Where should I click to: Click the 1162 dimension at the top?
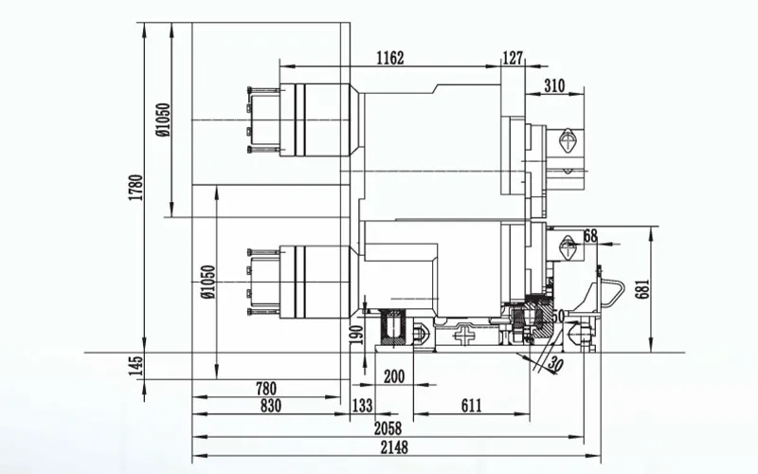point(389,59)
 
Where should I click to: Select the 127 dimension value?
point(513,59)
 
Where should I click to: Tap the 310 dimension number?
point(554,86)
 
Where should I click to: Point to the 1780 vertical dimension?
point(136,188)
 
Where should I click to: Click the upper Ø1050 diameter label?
point(163,119)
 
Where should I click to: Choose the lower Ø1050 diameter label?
point(208,282)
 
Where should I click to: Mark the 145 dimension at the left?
point(136,365)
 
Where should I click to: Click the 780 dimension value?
point(266,388)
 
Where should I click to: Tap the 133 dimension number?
point(362,405)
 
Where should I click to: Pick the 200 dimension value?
point(393,376)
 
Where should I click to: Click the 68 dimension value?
point(590,236)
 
